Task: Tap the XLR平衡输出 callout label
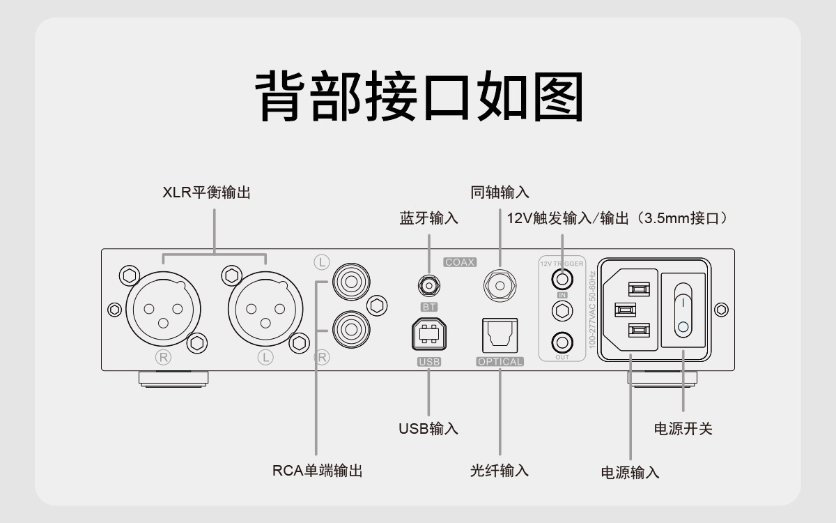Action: click(x=206, y=193)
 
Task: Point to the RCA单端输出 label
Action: click(x=317, y=471)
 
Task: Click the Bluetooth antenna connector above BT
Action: click(x=428, y=285)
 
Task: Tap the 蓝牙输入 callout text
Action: click(x=428, y=218)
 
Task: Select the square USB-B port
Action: click(x=428, y=335)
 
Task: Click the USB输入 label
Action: click(x=428, y=428)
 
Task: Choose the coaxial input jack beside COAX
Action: click(x=499, y=284)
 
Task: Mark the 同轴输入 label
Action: click(x=500, y=192)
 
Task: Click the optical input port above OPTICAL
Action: click(x=500, y=335)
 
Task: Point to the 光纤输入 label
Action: click(x=499, y=471)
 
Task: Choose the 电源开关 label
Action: click(x=683, y=428)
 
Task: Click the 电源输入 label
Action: click(x=630, y=472)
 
